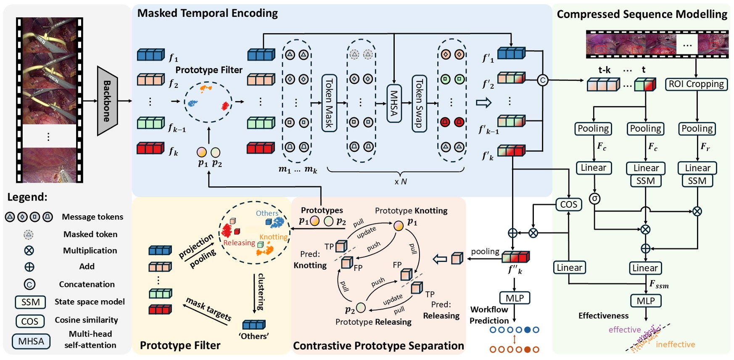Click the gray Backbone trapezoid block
pos(107,101)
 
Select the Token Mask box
pos(329,103)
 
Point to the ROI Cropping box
pos(696,84)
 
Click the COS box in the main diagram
pos(568,204)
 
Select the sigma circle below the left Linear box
pos(594,198)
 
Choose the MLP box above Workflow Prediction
pos(515,298)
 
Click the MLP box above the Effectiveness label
pos(646,301)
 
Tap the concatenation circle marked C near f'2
pos(543,80)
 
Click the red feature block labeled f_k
pos(150,148)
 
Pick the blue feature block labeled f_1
pos(150,55)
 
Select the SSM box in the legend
pos(30,302)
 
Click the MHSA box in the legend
pos(31,341)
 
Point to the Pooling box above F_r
pos(697,129)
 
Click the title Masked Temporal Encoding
pos(207,13)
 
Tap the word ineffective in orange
pos(675,344)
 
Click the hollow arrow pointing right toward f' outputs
pos(483,102)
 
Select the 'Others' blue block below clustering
pos(254,325)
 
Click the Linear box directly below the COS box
pos(569,267)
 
